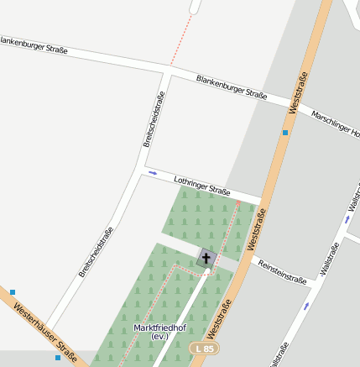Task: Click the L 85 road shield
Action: (x=204, y=348)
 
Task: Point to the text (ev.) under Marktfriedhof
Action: (x=159, y=337)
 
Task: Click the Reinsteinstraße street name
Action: (x=283, y=273)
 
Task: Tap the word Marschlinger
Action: (x=331, y=121)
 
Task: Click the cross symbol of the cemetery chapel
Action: (x=206, y=258)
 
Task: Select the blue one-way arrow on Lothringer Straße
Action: (x=153, y=173)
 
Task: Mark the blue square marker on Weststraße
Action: (x=285, y=132)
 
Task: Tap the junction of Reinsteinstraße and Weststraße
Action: (x=250, y=256)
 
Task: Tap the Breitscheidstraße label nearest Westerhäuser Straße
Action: (x=96, y=251)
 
